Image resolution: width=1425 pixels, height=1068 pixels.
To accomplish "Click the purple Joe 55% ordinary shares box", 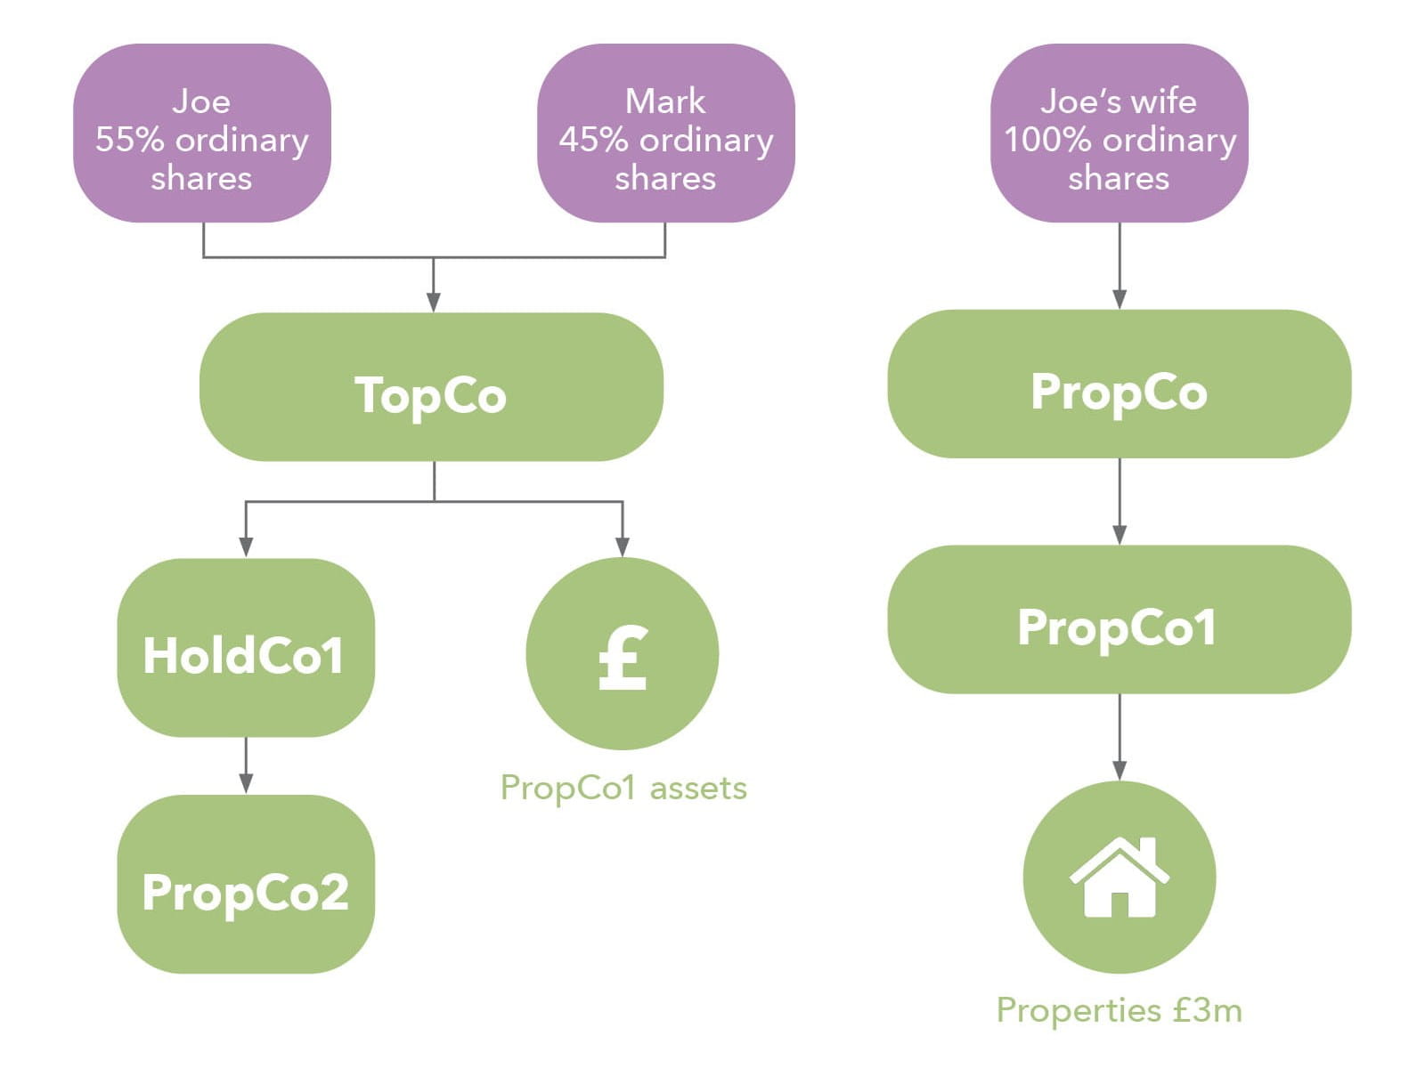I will point(202,133).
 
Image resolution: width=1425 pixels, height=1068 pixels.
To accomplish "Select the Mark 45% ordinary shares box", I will point(665,133).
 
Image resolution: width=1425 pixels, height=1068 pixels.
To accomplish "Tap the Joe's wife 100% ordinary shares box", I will point(1119,133).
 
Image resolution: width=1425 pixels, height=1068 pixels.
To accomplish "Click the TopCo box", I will point(431,387).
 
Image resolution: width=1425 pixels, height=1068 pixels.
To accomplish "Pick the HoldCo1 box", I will point(246,648).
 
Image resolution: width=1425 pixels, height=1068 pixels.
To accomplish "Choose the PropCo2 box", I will point(246,884).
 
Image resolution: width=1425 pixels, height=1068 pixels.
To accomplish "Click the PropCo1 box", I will point(1119,619).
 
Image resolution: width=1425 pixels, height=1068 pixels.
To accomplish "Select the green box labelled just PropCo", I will point(1119,384).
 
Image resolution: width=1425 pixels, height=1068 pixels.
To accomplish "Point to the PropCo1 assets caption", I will point(623,788).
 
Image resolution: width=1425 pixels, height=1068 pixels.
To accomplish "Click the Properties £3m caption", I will point(1119,1010).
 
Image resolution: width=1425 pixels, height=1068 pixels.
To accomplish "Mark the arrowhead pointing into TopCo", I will point(434,301).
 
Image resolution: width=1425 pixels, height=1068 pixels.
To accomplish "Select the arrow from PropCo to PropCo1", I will point(1120,503).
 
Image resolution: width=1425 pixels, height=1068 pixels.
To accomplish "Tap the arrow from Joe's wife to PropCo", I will point(1120,267).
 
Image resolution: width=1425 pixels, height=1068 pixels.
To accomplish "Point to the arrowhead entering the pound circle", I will point(623,546).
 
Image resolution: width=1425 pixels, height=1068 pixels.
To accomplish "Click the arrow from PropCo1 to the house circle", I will point(1120,739).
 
